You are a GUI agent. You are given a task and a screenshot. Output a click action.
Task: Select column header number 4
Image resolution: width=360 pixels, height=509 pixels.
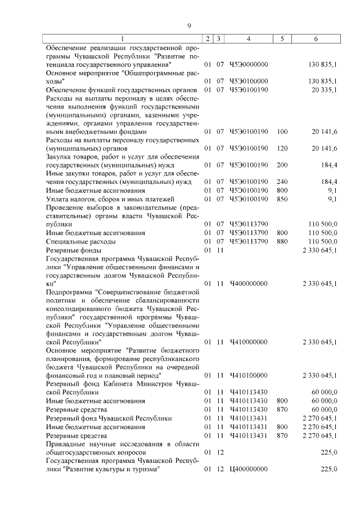(x=248, y=38)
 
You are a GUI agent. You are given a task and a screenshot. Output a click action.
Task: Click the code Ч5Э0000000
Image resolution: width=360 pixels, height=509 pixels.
(x=248, y=65)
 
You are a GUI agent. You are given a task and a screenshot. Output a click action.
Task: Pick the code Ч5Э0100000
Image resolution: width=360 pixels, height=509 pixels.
(x=248, y=82)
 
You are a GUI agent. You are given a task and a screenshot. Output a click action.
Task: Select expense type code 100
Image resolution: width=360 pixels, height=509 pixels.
(x=282, y=132)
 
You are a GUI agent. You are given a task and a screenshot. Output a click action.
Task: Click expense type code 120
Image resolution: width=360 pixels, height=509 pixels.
(x=282, y=148)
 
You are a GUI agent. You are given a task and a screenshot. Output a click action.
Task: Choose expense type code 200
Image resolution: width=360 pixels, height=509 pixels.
(x=282, y=165)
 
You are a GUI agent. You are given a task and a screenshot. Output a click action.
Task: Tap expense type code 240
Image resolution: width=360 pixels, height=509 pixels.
(x=282, y=182)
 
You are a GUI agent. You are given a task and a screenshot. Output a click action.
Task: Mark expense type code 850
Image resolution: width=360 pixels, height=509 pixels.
(x=282, y=199)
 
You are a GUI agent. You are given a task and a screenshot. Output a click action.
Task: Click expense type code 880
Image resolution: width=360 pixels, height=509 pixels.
(x=282, y=241)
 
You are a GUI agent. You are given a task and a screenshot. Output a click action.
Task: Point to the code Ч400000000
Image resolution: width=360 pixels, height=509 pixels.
(x=248, y=283)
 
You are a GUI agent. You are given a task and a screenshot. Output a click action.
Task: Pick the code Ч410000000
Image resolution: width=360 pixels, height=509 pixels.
(x=248, y=342)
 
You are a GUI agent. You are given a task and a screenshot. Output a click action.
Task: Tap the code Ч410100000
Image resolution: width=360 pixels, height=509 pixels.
(x=248, y=375)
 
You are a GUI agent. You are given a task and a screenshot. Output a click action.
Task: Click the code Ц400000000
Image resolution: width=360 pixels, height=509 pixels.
(x=248, y=469)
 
